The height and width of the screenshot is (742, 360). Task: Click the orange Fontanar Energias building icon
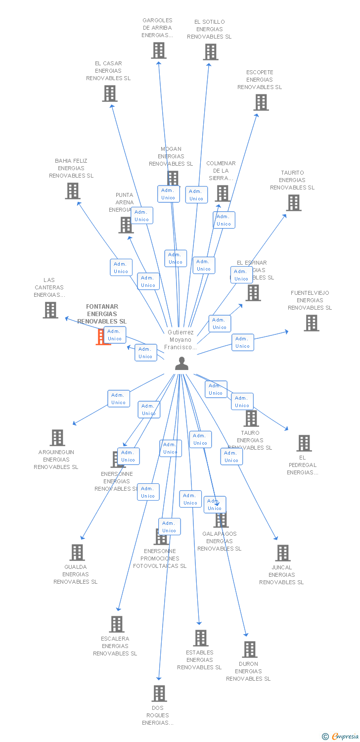coord(103,337)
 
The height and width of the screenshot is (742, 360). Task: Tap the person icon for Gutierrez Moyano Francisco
coord(182,364)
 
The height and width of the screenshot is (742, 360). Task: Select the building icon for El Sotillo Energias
coord(210,52)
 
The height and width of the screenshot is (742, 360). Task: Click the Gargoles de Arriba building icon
coord(158,50)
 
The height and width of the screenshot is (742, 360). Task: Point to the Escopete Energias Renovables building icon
coord(261,102)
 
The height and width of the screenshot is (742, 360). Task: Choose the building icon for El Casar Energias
coord(109,93)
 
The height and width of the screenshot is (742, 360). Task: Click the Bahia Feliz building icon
coord(73,191)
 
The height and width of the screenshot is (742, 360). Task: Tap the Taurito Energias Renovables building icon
coord(293,203)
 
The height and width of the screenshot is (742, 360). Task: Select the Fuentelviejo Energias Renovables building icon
coord(311,323)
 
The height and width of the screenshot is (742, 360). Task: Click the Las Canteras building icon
coord(50,310)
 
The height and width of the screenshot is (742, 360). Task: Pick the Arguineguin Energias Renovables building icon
coord(57,438)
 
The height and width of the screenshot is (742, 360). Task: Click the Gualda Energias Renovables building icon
coord(77,553)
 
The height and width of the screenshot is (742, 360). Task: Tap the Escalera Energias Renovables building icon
coord(117,624)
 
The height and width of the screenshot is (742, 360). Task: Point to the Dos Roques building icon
coord(159,694)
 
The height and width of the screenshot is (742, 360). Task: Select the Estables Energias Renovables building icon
coord(200,638)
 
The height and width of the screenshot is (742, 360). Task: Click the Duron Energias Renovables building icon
coord(250,649)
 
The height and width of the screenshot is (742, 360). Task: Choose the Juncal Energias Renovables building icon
coord(282,553)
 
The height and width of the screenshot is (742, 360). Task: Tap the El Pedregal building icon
coord(304,443)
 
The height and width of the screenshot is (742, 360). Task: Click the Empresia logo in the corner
coord(341,737)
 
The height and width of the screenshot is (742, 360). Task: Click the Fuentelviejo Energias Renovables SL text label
coord(310,300)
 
